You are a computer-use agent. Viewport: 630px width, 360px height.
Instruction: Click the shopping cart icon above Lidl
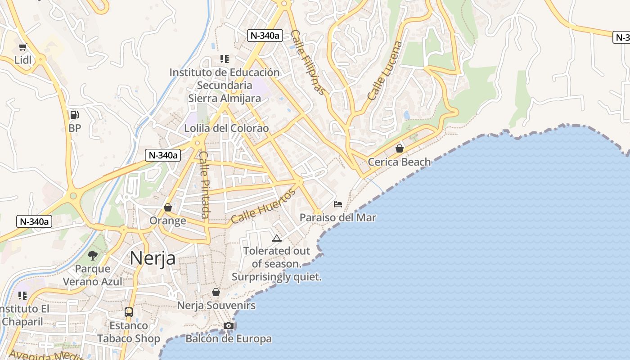[x=22, y=47]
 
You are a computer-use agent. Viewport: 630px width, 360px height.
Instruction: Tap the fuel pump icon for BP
[x=75, y=115]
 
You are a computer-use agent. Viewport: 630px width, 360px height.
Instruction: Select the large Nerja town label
[x=153, y=258]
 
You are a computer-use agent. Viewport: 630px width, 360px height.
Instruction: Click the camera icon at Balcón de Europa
[x=229, y=325]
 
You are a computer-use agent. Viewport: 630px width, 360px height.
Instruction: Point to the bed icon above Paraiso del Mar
[x=338, y=204]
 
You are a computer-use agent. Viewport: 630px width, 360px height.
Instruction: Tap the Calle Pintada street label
[x=205, y=184]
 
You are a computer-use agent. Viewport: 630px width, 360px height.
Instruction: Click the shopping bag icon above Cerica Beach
[x=399, y=148]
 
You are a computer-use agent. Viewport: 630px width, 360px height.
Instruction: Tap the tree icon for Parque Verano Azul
[x=93, y=256]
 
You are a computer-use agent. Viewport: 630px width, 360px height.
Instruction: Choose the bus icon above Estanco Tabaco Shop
[x=129, y=312]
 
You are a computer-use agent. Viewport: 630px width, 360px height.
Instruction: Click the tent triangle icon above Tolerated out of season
[x=277, y=238]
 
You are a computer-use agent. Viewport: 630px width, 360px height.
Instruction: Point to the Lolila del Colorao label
[x=226, y=128]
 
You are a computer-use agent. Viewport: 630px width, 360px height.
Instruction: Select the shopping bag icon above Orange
[x=168, y=207]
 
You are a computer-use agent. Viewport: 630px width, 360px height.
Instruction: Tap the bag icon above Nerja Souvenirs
[x=216, y=292]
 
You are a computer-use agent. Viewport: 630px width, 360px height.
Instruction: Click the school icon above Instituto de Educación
[x=224, y=59]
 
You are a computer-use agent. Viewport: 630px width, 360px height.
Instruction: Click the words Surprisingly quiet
[x=277, y=277]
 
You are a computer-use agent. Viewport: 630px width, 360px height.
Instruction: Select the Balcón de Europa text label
[x=229, y=338]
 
